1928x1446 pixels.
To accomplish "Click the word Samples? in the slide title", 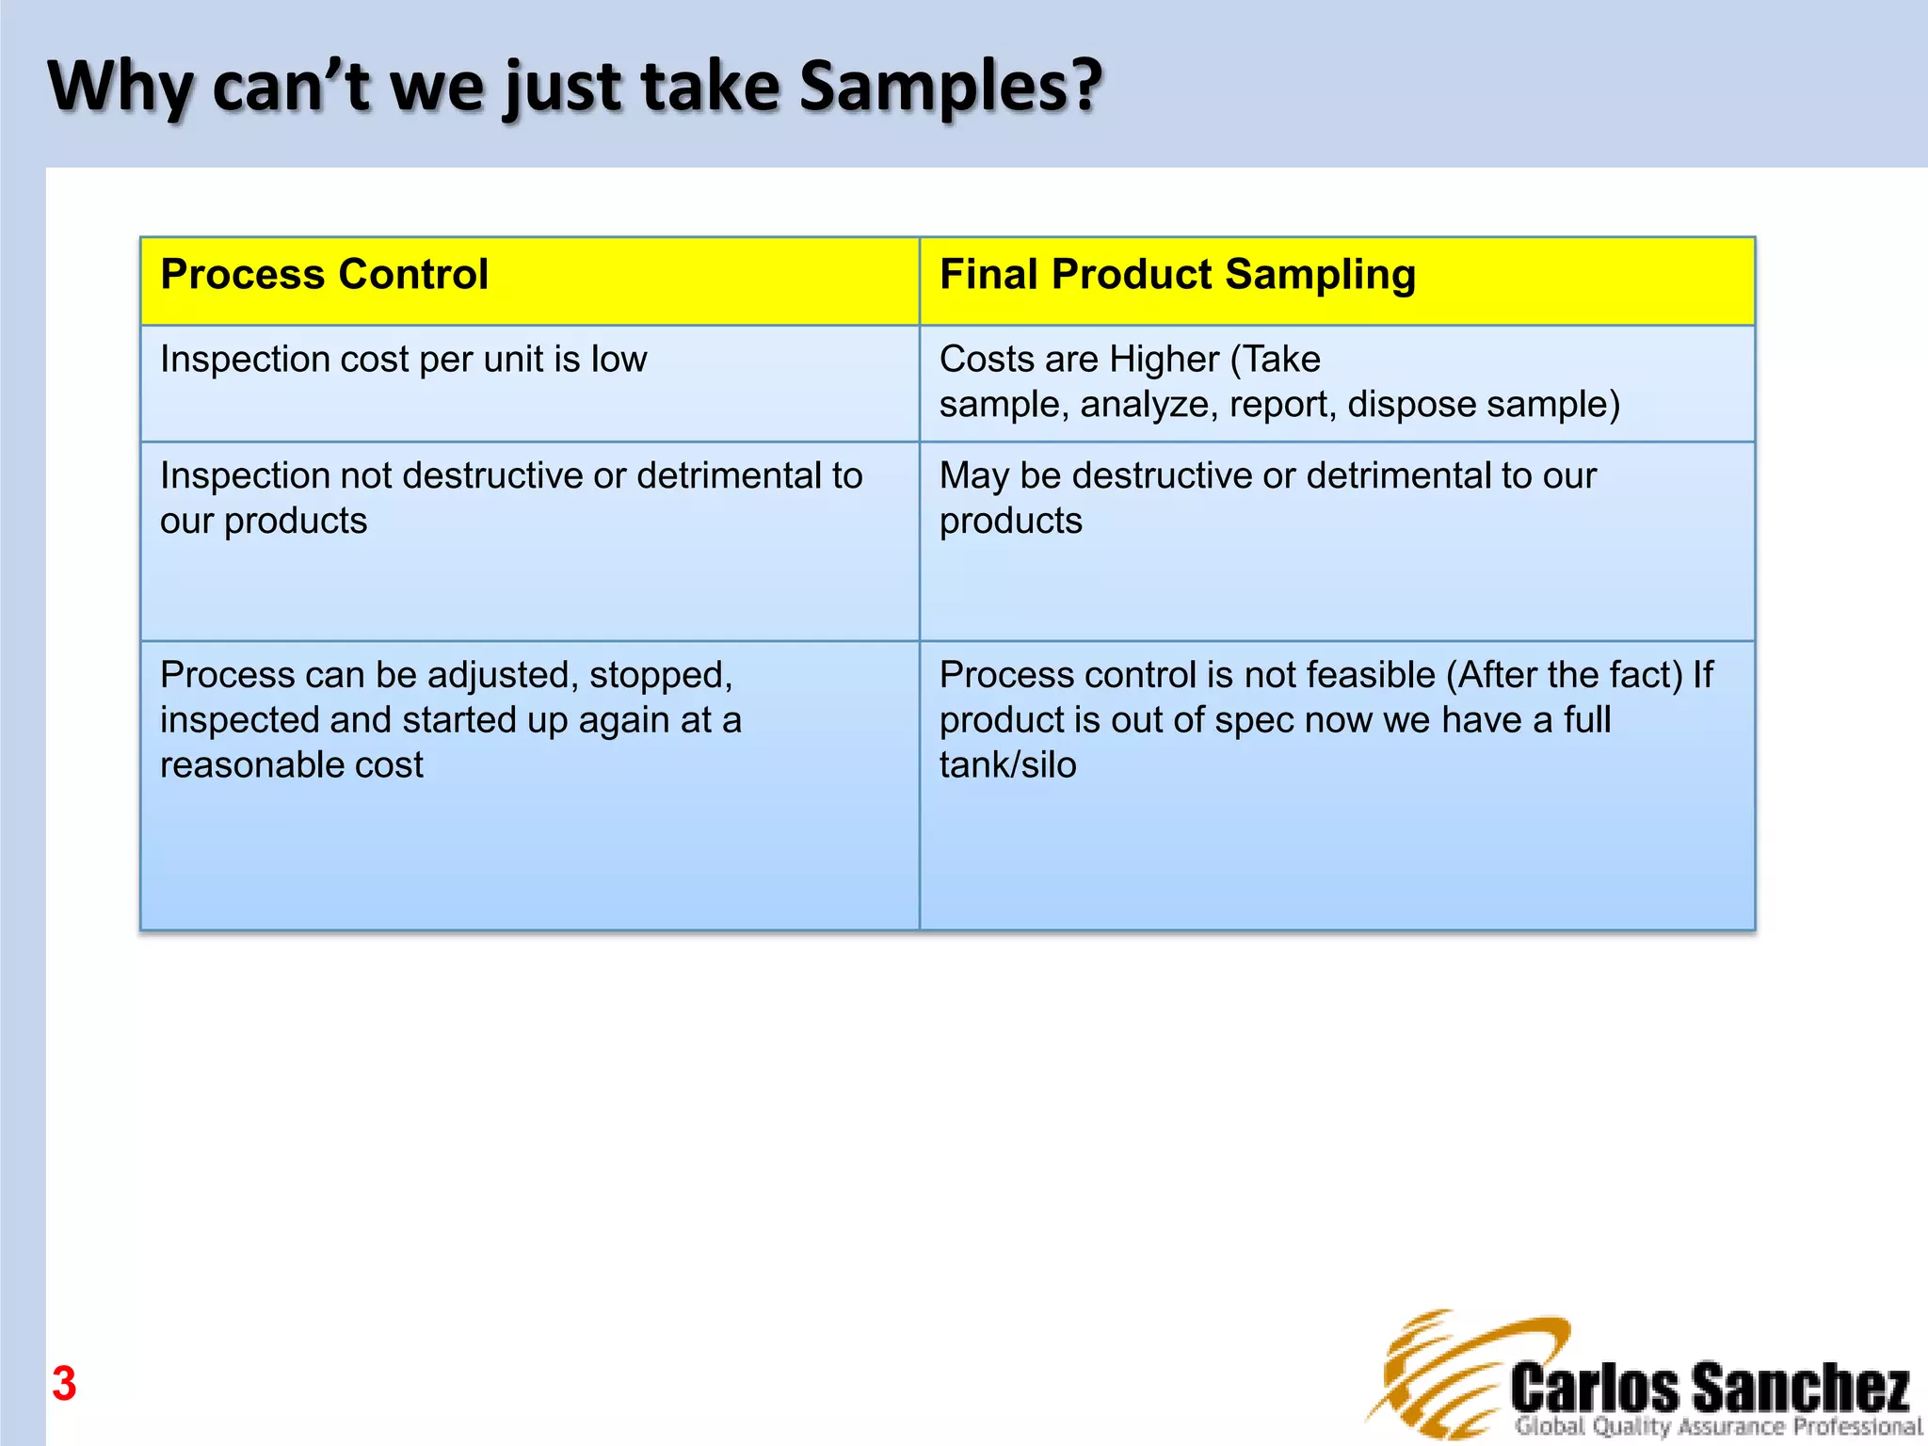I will (x=951, y=88).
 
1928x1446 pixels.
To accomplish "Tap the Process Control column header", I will (x=324, y=275).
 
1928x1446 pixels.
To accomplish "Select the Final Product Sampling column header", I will (x=1177, y=275).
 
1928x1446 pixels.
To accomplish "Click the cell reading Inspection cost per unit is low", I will (x=403, y=360).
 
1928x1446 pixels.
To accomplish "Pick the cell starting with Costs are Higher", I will (x=1278, y=382).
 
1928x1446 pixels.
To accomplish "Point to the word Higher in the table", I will (x=1164, y=360).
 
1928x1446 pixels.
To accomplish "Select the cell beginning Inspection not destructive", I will (x=510, y=498).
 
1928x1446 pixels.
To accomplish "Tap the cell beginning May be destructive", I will (x=1267, y=498).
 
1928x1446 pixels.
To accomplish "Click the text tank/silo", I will (x=1007, y=765).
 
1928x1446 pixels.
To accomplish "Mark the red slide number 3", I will (x=64, y=1384).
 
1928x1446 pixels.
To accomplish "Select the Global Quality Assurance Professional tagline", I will (x=1717, y=1427).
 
